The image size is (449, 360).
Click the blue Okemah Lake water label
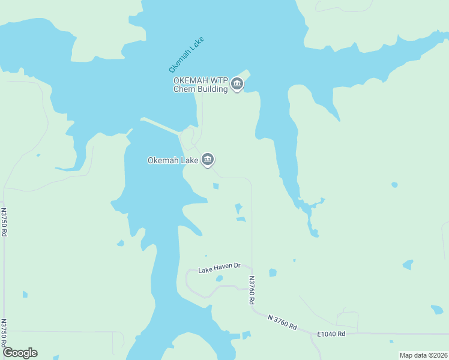pos(187,55)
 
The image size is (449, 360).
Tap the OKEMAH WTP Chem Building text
pos(200,85)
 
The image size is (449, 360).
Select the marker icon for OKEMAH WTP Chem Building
pos(237,85)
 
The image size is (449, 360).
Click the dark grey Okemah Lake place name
pos(173,160)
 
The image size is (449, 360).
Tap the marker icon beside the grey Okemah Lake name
pos(208,160)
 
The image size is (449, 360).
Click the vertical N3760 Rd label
pos(252,290)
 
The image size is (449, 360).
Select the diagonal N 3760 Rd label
pos(282,322)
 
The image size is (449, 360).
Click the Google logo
pos(20,353)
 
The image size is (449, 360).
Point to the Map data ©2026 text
pos(423,355)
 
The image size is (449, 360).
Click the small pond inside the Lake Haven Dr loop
pos(219,278)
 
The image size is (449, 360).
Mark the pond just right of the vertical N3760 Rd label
pos(273,273)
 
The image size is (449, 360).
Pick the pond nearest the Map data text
pos(437,310)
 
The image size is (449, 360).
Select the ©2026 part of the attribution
pos(436,355)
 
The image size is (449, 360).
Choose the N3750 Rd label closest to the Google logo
pos(4,332)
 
